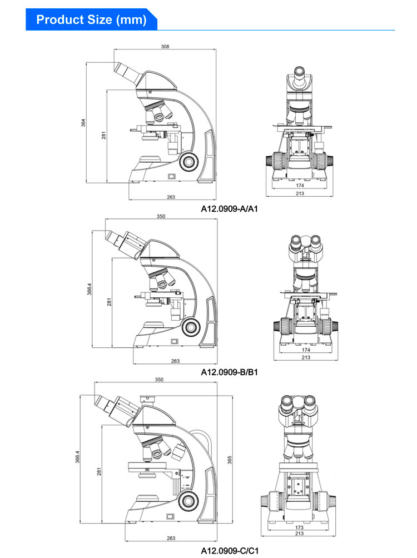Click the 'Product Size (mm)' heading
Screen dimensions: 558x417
tap(91, 20)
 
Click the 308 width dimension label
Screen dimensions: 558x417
tap(165, 47)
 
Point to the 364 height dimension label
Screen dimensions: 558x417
tap(83, 122)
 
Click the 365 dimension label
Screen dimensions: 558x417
tap(230, 459)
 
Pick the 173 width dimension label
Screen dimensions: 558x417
tap(300, 527)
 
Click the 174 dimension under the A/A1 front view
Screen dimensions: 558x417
tap(300, 185)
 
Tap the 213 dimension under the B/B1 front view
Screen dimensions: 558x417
tap(305, 357)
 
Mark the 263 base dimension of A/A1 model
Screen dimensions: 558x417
tap(171, 197)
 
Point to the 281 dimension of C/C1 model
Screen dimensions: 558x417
tap(100, 470)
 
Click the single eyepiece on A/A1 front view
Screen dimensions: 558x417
tap(299, 72)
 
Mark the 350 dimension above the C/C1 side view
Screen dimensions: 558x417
tap(159, 380)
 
